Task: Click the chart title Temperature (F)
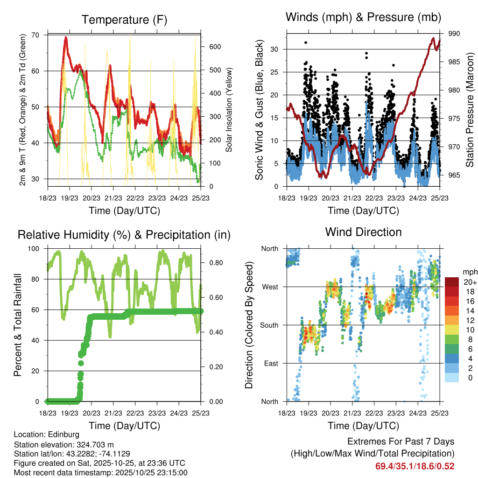point(124,20)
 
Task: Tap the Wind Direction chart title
point(363,232)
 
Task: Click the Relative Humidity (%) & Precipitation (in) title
point(124,235)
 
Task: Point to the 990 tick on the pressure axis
point(455,34)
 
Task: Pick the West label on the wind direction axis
point(270,287)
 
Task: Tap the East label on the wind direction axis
point(270,363)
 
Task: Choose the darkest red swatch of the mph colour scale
point(452,281)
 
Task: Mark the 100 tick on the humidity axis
point(35,248)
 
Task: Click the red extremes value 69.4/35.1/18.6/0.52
point(415,466)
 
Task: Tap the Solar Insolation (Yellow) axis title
point(229,110)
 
